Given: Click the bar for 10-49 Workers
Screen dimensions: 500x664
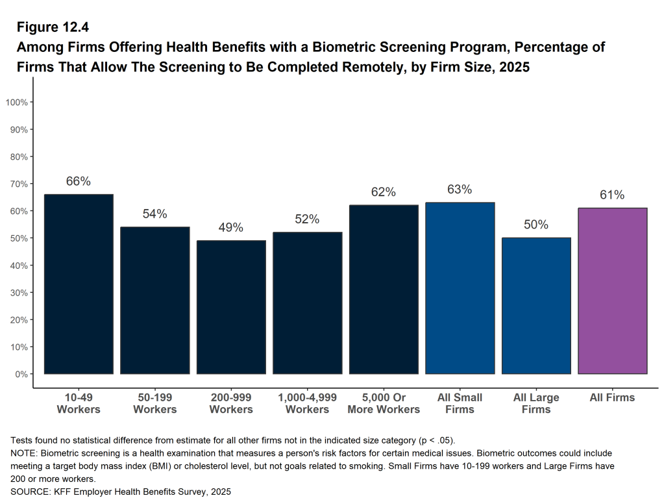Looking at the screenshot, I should (x=79, y=284).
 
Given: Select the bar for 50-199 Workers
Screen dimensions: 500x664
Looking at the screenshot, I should (x=155, y=300).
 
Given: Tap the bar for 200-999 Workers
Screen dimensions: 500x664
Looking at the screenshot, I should (x=231, y=307).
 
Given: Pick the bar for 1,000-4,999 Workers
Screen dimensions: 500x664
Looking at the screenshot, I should (x=307, y=303).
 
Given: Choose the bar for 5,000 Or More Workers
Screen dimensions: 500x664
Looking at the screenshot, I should (x=384, y=289).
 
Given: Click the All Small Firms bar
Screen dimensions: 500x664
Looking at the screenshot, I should (x=460, y=288).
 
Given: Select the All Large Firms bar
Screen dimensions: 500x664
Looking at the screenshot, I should (x=536, y=305).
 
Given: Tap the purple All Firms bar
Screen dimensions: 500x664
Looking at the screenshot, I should (x=612, y=290).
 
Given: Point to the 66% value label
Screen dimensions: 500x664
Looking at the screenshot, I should (x=79, y=182).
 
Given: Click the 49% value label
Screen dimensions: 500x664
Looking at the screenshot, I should (x=231, y=228).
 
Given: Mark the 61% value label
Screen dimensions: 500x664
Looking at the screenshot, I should (x=612, y=195).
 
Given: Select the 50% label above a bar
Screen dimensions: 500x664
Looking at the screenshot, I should (x=536, y=225).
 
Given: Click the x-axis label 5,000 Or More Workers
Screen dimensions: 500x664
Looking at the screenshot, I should (x=384, y=403).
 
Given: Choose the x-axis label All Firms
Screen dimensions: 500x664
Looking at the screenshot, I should (x=612, y=397).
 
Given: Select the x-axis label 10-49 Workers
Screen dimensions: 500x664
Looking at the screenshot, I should (x=79, y=403).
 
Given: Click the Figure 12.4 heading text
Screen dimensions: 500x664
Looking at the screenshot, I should (x=52, y=27).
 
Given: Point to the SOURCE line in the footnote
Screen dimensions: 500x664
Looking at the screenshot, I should (x=121, y=492).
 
